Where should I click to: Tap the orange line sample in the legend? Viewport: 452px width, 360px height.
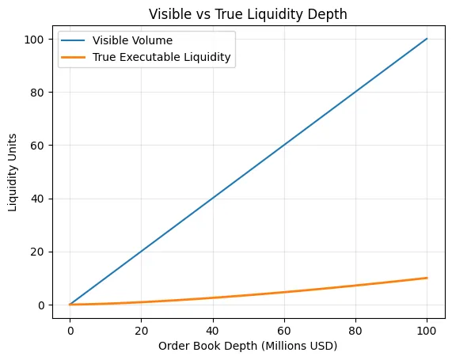pos(77,58)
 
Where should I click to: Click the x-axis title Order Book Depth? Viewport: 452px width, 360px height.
pos(248,345)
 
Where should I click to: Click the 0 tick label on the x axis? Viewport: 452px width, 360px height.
pos(70,327)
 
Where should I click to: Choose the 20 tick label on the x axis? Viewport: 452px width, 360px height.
pos(141,327)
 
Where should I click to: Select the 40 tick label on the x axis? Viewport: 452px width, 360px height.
pos(212,327)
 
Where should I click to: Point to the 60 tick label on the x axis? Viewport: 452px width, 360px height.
pos(284,327)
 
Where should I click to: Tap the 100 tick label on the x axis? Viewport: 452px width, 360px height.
pos(427,327)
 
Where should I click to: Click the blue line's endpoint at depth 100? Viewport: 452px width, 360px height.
pos(427,39)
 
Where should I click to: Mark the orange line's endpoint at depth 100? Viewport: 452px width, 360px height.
pos(427,278)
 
